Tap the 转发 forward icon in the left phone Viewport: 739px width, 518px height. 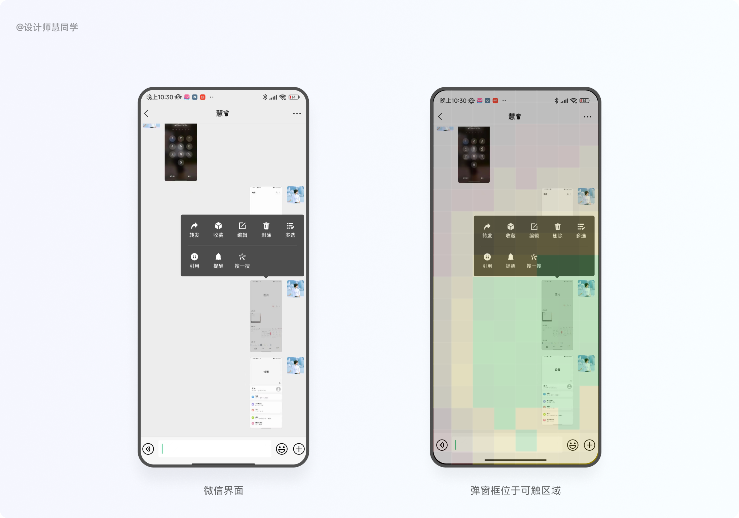[x=194, y=226]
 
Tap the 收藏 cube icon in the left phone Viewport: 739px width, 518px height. [x=218, y=226]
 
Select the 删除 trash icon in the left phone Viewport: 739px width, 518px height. [x=266, y=226]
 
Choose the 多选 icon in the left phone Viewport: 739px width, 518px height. [x=290, y=226]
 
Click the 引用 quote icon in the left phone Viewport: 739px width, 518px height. [x=194, y=257]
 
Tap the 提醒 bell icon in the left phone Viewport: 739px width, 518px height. [x=218, y=257]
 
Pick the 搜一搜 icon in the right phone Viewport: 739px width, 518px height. [x=534, y=257]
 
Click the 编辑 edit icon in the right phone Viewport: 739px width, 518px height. [x=534, y=227]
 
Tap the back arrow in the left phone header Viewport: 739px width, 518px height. [x=146, y=113]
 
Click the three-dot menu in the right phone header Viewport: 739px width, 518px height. [x=587, y=117]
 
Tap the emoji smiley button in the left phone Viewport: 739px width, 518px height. [x=282, y=449]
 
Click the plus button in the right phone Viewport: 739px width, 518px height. [x=589, y=445]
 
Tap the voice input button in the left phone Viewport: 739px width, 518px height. [x=148, y=449]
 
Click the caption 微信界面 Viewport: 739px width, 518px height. [x=223, y=490]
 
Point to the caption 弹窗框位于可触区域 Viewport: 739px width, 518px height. [x=515, y=490]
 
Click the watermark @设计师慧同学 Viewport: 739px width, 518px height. [x=47, y=27]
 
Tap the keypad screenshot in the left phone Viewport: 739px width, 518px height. [x=181, y=152]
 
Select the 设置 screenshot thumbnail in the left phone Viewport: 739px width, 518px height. [x=266, y=393]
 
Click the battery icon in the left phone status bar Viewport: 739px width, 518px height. [x=294, y=97]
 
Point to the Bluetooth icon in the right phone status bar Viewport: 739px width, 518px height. [x=556, y=101]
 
